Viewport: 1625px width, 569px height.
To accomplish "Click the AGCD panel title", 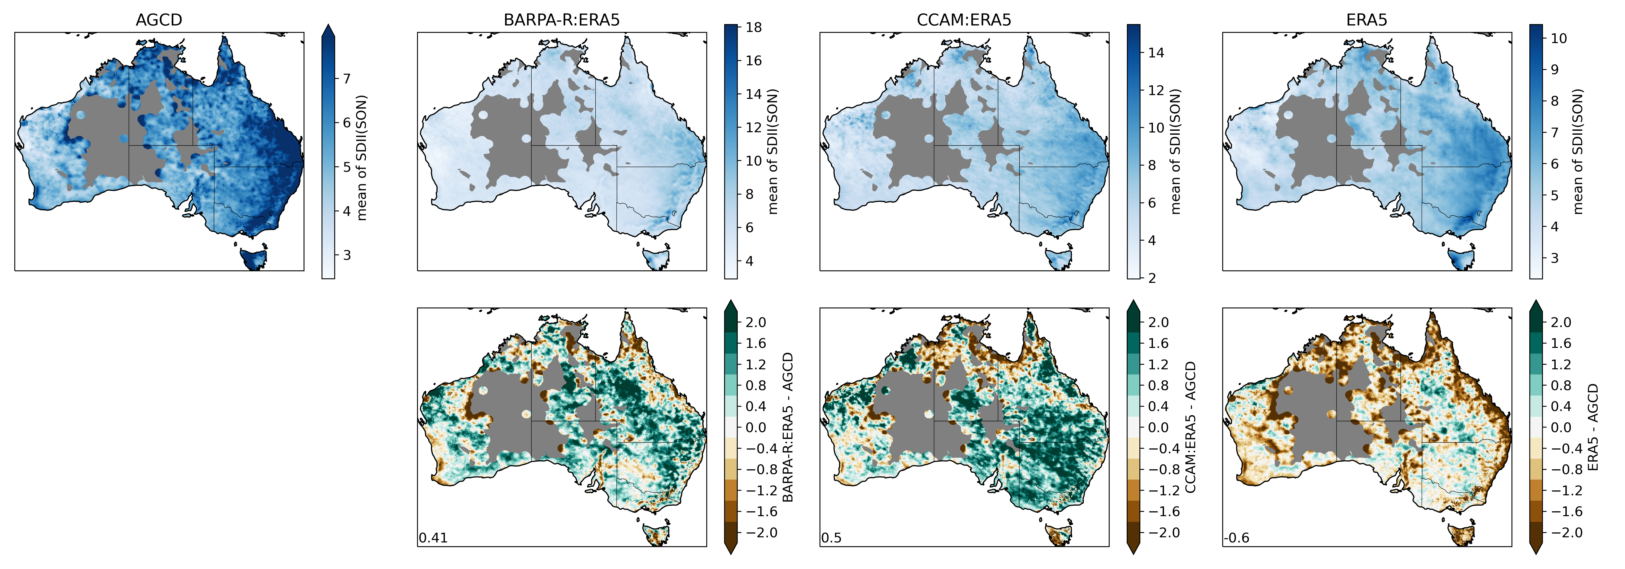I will tap(159, 20).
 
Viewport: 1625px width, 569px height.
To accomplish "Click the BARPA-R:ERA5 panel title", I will tap(561, 20).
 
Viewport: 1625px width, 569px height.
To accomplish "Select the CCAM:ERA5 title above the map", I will tap(964, 20).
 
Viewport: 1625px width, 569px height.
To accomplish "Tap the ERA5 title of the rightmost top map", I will tap(1366, 20).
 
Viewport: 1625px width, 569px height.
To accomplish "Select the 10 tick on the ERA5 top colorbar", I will tap(1558, 38).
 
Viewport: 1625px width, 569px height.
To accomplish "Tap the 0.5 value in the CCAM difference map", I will tap(831, 538).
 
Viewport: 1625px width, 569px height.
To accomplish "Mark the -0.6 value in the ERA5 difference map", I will tap(1236, 538).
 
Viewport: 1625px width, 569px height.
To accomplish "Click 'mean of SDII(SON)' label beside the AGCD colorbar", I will tap(362, 158).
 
